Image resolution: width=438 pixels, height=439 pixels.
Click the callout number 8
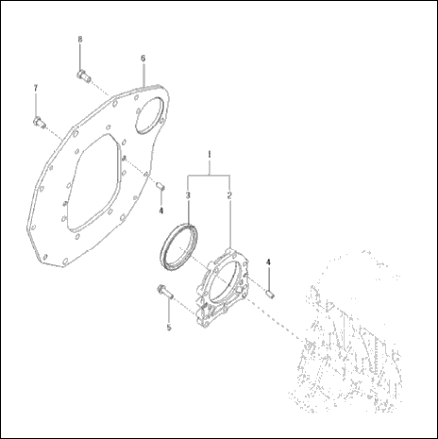click(79, 39)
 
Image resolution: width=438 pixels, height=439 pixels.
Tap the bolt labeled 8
click(80, 73)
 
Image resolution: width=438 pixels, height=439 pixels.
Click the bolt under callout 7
click(40, 120)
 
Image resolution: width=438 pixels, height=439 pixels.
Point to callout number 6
click(143, 58)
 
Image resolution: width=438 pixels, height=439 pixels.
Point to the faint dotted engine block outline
click(349, 330)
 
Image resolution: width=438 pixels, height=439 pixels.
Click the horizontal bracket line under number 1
click(209, 175)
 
